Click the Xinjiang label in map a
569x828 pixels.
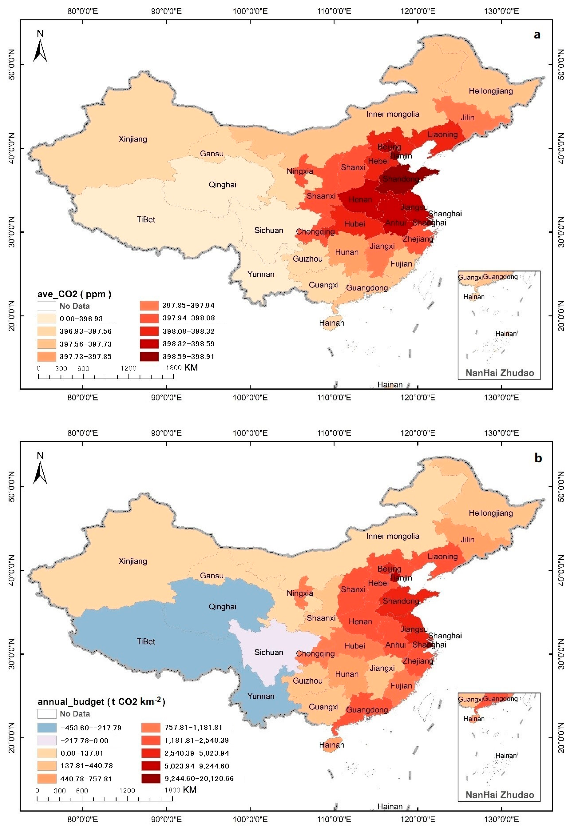pyautogui.click(x=133, y=139)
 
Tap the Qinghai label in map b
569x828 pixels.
pyautogui.click(x=222, y=607)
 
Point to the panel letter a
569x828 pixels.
pyautogui.click(x=537, y=35)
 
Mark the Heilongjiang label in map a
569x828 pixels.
pyautogui.click(x=491, y=91)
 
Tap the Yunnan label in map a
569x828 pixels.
pyautogui.click(x=261, y=274)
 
